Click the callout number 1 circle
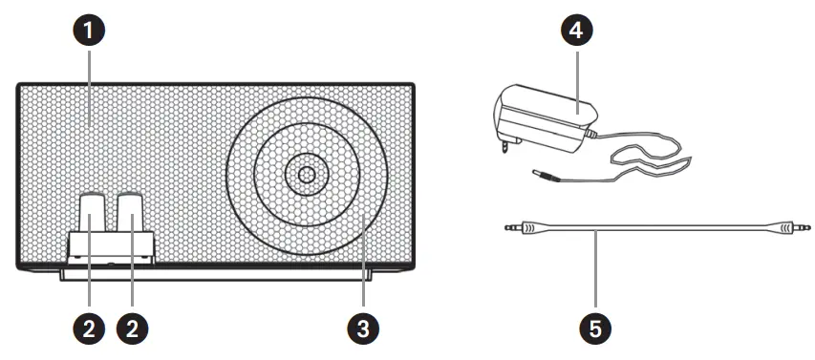(x=89, y=31)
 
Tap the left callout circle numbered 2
(x=89, y=328)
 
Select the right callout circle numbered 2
(x=132, y=328)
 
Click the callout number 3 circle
(x=363, y=328)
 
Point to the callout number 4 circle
(x=576, y=31)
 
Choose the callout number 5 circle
(x=595, y=328)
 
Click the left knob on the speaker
(x=91, y=212)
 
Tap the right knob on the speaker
(x=130, y=212)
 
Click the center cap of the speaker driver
(x=307, y=174)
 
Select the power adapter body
(x=545, y=117)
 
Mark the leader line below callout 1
(x=90, y=88)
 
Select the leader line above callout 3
(x=363, y=262)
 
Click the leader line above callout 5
(x=595, y=268)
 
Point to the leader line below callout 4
(x=576, y=79)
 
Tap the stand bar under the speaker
(x=216, y=275)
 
